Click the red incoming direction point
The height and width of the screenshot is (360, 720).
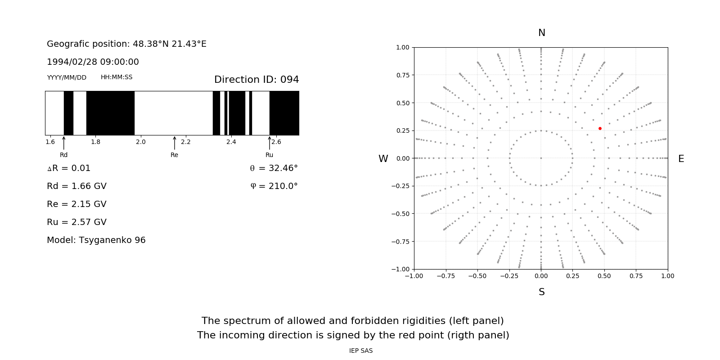tap(600, 129)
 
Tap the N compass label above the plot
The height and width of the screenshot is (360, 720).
tap(541, 33)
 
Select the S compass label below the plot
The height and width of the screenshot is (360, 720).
tap(541, 292)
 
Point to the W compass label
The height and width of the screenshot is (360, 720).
tap(383, 159)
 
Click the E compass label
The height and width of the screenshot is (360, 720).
tap(681, 159)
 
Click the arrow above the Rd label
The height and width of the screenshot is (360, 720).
tap(64, 143)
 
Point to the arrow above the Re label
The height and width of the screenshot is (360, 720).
tap(175, 143)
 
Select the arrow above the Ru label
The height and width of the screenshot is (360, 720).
tap(270, 143)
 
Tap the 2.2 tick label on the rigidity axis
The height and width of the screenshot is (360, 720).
tap(186, 142)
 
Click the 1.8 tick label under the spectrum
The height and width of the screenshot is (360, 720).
tap(95, 142)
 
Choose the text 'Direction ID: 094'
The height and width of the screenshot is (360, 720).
tap(256, 80)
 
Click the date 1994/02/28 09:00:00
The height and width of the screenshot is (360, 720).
tap(93, 62)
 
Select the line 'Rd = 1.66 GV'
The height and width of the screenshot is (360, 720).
tap(76, 186)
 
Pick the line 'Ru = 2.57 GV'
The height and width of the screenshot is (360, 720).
tap(76, 222)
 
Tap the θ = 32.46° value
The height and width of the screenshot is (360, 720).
tap(274, 168)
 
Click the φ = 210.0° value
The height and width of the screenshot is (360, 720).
tap(274, 186)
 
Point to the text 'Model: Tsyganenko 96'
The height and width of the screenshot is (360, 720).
tap(96, 240)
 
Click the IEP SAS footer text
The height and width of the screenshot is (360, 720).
tap(361, 351)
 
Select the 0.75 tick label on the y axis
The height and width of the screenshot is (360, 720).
tap(402, 75)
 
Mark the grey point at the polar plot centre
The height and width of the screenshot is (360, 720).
tap(541, 158)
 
